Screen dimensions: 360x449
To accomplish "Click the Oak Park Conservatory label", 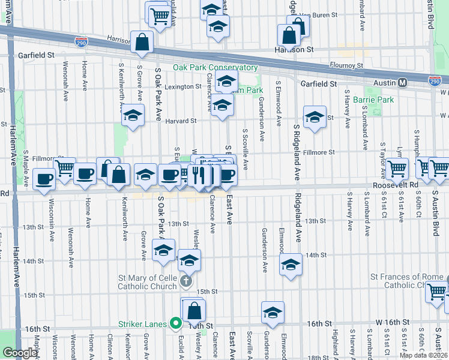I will [x=215, y=68].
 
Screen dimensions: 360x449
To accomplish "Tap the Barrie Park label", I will [x=374, y=100].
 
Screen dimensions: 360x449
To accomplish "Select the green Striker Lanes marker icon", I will [x=175, y=324].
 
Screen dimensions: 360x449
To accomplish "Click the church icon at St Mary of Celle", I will [x=186, y=280].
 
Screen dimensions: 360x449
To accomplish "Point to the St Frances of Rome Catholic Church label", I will [x=406, y=281].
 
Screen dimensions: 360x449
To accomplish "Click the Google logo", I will [x=20, y=353].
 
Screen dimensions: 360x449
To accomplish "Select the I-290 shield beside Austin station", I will [x=435, y=80].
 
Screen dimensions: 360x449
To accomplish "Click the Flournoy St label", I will [x=348, y=65].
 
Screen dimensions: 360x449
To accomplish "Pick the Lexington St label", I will [x=184, y=87].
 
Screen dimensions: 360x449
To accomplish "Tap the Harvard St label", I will [x=181, y=121].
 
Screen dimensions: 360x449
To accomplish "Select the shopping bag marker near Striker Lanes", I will [x=194, y=311].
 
